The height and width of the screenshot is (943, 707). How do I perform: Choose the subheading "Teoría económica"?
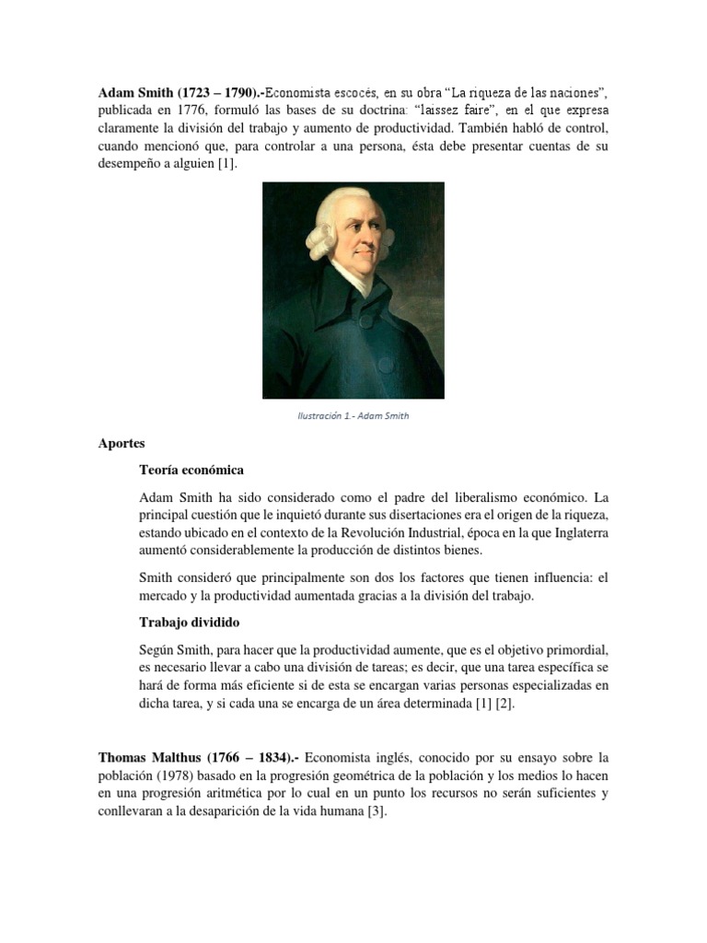191,470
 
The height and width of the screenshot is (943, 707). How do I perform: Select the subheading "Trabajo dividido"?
190,623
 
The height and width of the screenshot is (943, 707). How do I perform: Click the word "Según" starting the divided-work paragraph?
159,649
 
